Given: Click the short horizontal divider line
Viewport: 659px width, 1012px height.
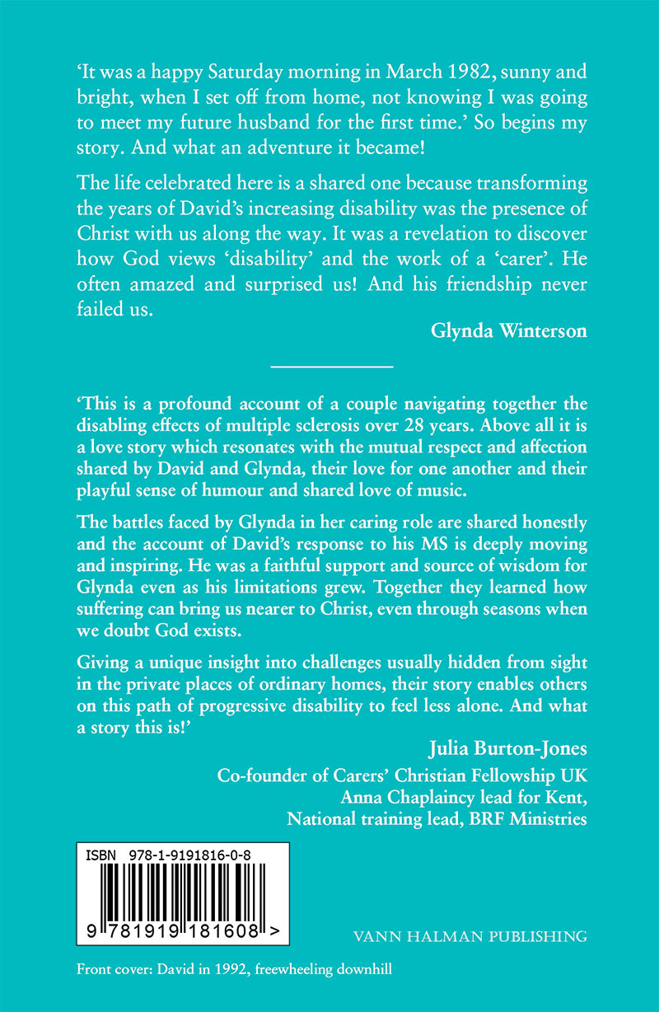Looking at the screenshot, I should click(332, 363).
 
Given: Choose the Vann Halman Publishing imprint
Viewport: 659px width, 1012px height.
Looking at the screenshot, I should click(469, 936).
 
